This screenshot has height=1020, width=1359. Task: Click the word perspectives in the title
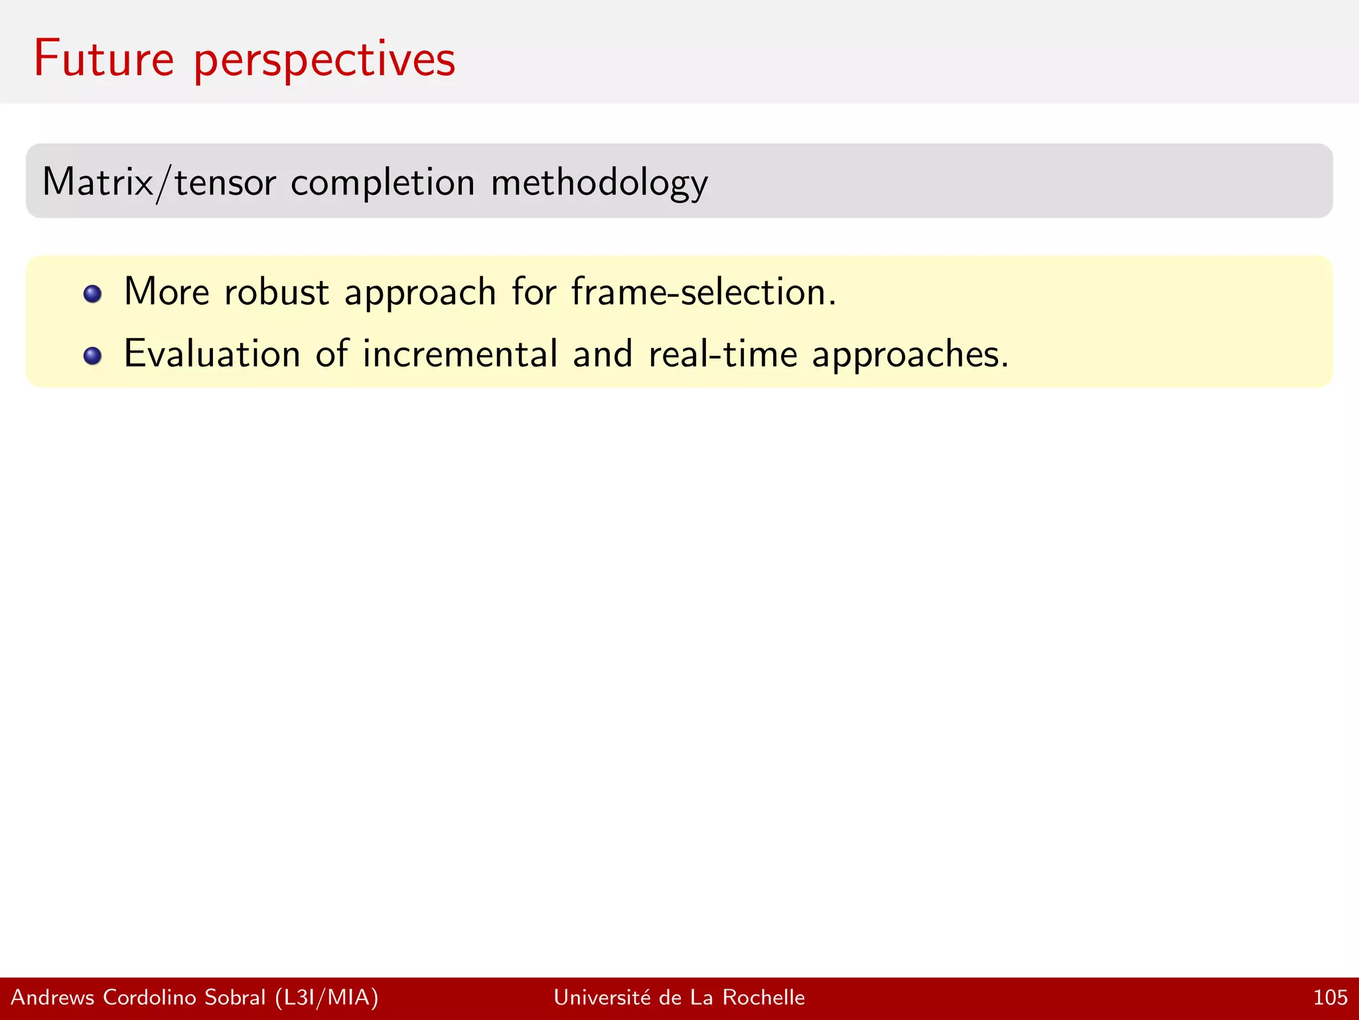[324, 61]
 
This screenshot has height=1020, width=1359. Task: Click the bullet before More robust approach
[93, 294]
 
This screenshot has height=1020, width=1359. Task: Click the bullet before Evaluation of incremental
[93, 356]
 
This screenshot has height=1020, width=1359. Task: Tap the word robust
[276, 292]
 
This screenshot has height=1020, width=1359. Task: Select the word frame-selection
[703, 292]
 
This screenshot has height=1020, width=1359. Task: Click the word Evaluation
[212, 353]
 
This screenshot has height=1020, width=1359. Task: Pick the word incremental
[460, 353]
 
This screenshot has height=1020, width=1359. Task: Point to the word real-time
[723, 353]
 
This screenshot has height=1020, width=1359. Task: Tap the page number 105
[1330, 997]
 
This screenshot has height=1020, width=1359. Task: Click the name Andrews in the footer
[53, 997]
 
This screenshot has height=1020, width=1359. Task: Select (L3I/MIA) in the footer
[326, 997]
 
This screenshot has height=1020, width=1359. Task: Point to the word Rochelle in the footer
[763, 997]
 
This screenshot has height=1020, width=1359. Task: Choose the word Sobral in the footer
[235, 997]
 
